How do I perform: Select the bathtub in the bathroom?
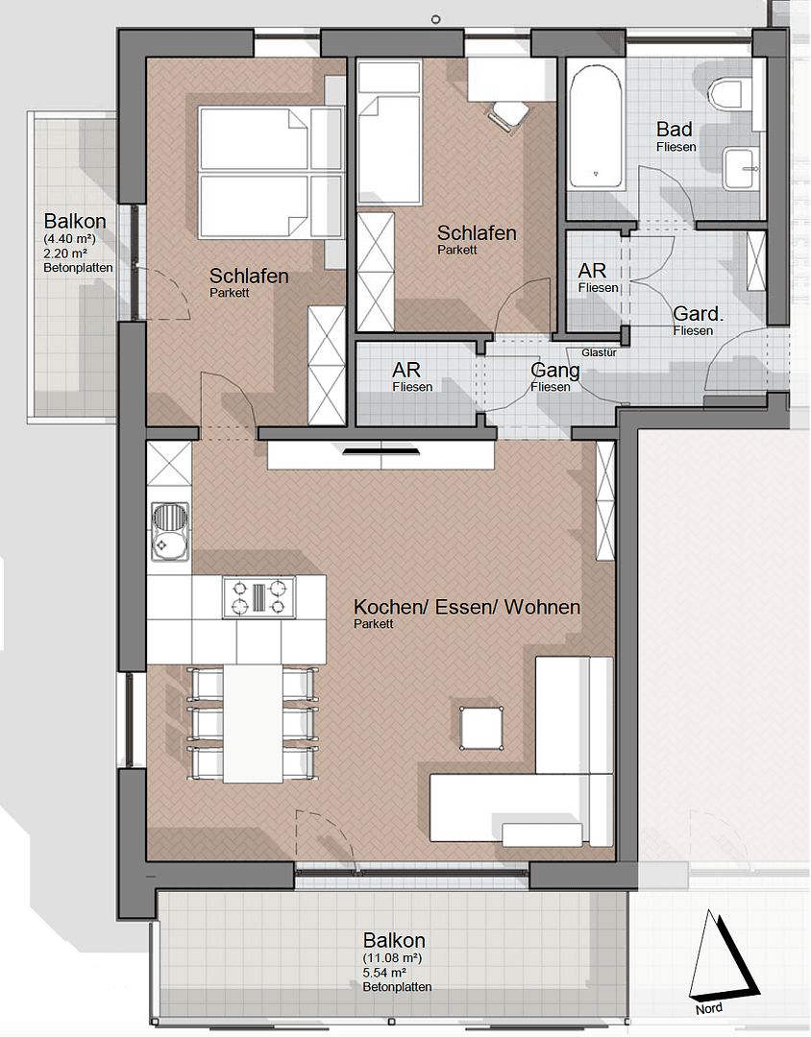click(596, 125)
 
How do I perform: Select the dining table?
click(253, 723)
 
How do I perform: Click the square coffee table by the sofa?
click(482, 727)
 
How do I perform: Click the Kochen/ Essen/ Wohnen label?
click(467, 608)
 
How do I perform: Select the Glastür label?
click(599, 352)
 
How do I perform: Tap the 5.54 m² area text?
click(393, 973)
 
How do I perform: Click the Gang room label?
click(555, 372)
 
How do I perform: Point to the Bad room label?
click(676, 130)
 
